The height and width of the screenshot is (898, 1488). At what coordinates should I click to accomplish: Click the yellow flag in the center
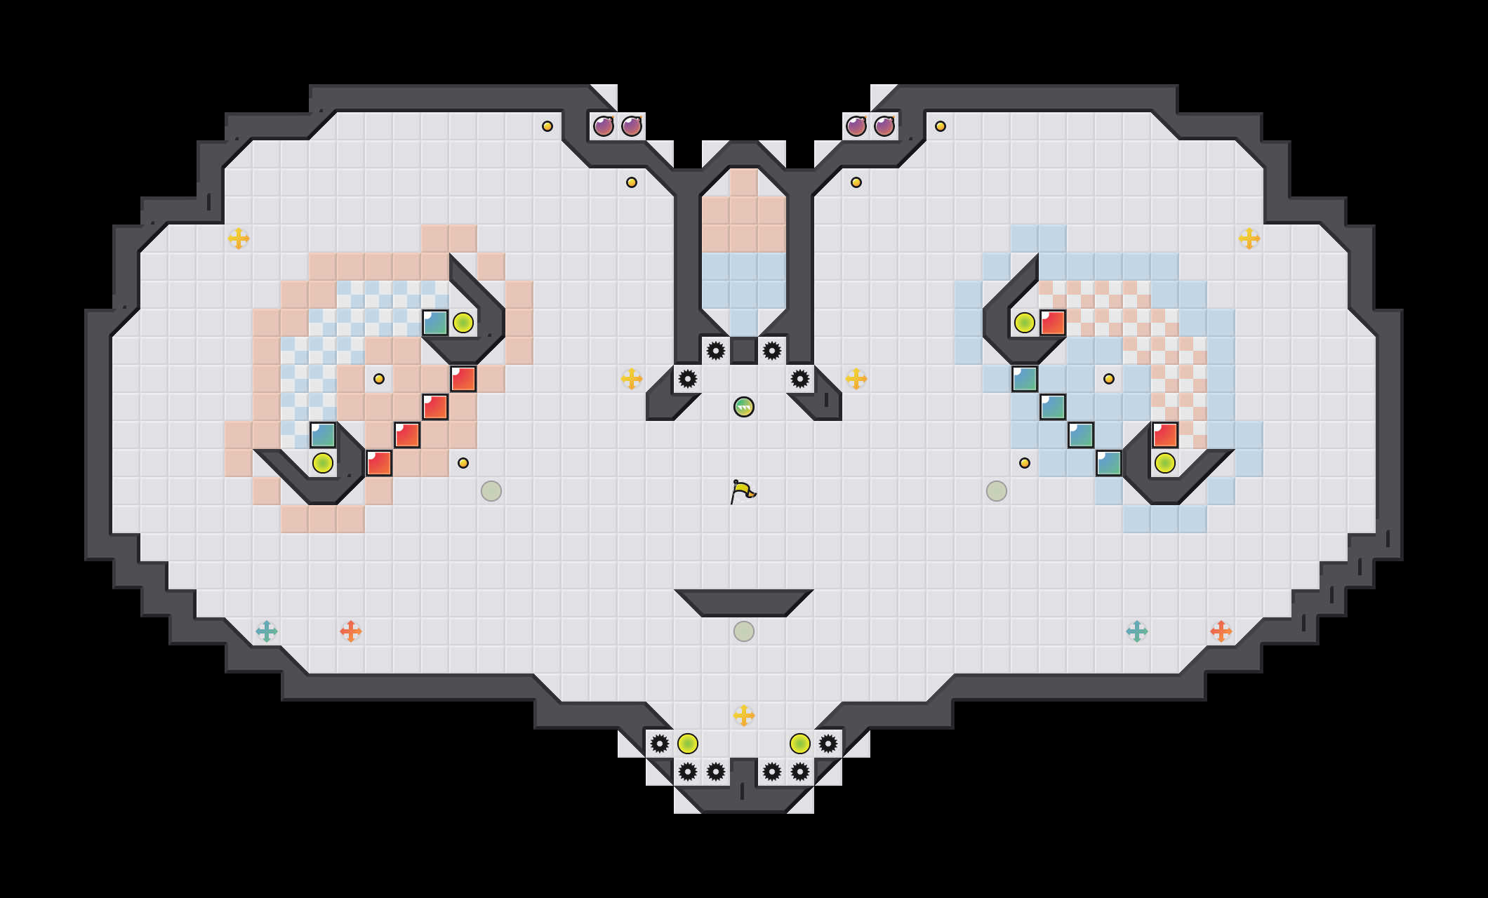pos(743,491)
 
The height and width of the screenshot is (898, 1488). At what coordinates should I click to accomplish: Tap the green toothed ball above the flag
pos(744,407)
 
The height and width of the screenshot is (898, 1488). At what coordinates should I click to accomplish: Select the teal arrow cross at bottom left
pos(267,631)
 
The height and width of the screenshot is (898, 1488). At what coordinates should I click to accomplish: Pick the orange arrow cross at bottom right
pos(1221,631)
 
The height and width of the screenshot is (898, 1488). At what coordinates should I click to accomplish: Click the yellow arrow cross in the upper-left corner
pos(239,239)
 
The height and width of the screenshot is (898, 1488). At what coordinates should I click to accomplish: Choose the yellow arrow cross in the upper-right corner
pos(1249,239)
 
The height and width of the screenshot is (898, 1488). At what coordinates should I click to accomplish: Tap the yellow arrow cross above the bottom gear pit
pos(744,716)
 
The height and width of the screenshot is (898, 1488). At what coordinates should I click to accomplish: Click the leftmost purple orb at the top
pos(604,126)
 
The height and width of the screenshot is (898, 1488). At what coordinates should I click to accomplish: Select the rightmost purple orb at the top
pos(884,126)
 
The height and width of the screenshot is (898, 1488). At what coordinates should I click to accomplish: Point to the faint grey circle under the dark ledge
pos(744,631)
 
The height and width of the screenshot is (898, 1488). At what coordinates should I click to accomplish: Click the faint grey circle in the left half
pos(491,491)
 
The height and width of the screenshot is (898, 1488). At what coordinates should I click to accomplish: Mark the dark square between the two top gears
pos(744,351)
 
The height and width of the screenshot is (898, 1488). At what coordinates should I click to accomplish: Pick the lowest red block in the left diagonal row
pos(379,463)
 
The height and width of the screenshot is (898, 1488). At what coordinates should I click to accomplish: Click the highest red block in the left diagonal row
pos(463,379)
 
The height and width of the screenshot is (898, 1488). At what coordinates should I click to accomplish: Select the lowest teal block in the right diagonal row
pos(1109,463)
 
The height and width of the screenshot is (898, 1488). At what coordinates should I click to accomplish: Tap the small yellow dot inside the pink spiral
pos(379,379)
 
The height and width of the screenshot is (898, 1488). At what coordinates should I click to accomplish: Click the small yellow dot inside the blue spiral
pos(1109,379)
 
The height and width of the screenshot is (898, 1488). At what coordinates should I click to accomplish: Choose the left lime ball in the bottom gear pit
pos(688,744)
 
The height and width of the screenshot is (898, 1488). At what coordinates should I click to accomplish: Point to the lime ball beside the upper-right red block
pos(1025,323)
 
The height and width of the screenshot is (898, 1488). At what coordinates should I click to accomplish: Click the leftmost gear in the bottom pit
pos(660,744)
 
